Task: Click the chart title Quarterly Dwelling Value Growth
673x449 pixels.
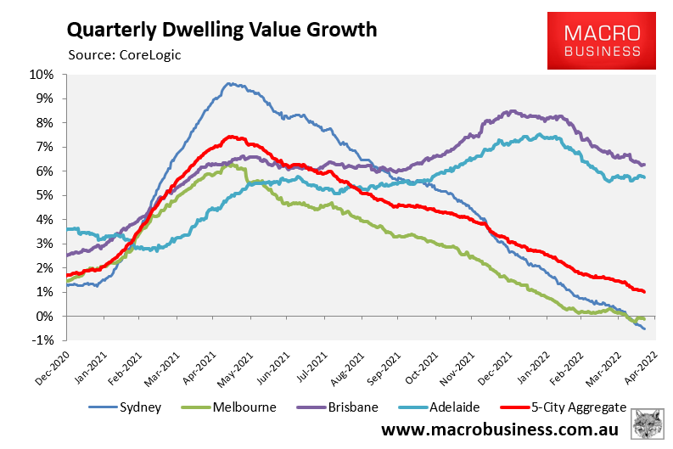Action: [x=222, y=30]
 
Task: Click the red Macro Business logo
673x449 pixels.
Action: [x=603, y=41]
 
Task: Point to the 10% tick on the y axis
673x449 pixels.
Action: [x=42, y=74]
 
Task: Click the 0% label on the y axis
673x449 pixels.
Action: [x=46, y=316]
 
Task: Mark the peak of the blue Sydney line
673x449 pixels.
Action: [x=227, y=83]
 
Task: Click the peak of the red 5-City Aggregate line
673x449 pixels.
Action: [x=229, y=137]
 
